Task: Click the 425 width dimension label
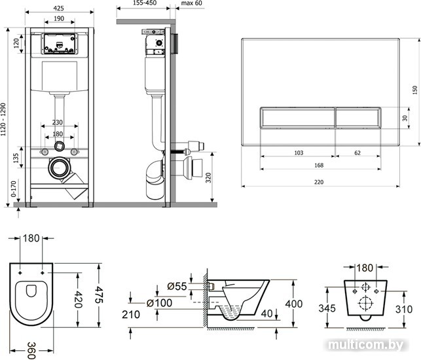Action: pyautogui.click(x=58, y=9)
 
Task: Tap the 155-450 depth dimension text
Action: pyautogui.click(x=145, y=3)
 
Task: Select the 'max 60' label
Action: pyautogui.click(x=192, y=3)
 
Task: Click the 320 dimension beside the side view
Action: pyautogui.click(x=208, y=177)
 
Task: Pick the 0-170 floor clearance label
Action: pyautogui.click(x=14, y=189)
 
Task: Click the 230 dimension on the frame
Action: pyautogui.click(x=57, y=122)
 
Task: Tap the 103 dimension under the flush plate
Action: pyautogui.click(x=299, y=153)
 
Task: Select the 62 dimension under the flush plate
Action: pyautogui.click(x=357, y=153)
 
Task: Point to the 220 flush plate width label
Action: pyautogui.click(x=319, y=182)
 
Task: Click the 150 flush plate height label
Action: pyautogui.click(x=415, y=90)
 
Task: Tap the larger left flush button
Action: pyautogui.click(x=297, y=118)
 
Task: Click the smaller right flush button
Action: pyautogui.click(x=358, y=118)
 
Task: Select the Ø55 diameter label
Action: pyautogui.click(x=177, y=287)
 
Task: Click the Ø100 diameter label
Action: pyautogui.click(x=160, y=303)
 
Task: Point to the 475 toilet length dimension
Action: pyautogui.click(x=99, y=295)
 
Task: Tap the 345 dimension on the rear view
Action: pyautogui.click(x=327, y=308)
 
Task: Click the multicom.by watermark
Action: pyautogui.click(x=366, y=345)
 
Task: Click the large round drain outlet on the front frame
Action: pyautogui.click(x=59, y=168)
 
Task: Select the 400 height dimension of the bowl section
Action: pyautogui.click(x=294, y=304)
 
